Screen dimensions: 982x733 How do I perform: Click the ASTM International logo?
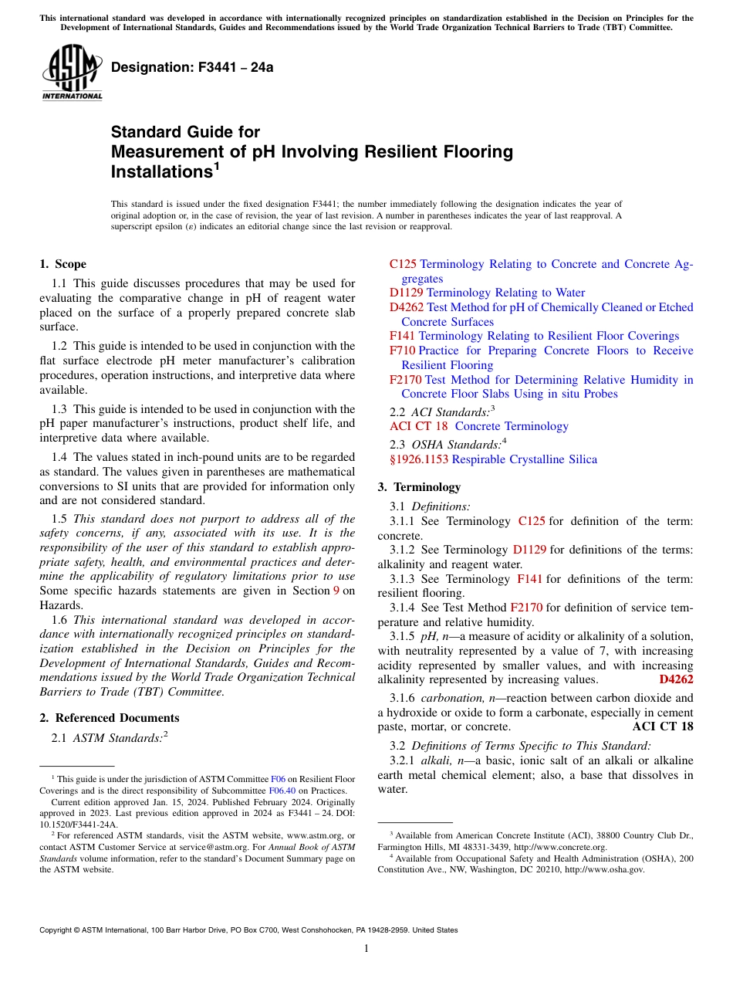pos(71,73)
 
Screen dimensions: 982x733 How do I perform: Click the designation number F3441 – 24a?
pos(192,67)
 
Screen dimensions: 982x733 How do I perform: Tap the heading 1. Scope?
pos(62,264)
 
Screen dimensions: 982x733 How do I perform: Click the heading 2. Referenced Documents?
pos(109,718)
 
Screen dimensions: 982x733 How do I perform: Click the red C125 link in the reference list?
pos(403,264)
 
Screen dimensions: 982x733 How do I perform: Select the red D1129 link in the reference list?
pos(406,293)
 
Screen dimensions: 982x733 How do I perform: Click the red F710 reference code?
pos(402,350)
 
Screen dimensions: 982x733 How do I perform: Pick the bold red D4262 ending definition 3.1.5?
pos(676,679)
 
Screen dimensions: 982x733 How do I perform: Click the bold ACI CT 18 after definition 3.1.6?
pos(662,726)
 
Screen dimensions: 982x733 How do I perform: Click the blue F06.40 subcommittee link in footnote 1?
pos(282,791)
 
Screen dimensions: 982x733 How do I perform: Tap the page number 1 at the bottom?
pos(366,948)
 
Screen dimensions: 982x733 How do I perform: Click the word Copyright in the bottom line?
pos(58,930)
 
